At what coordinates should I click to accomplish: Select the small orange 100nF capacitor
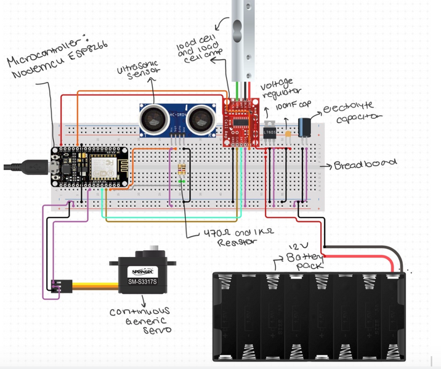tap(287, 132)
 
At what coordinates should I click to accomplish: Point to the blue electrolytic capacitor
tap(304, 128)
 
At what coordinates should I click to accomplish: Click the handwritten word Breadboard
tap(363, 166)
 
